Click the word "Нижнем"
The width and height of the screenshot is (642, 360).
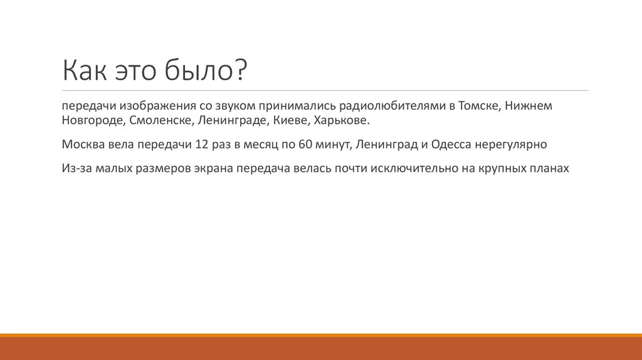(530, 106)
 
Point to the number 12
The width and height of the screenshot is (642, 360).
(201, 144)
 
